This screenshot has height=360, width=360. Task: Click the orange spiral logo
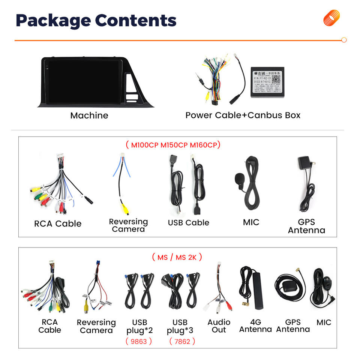(x=331, y=18)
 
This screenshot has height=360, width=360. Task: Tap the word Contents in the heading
(x=135, y=20)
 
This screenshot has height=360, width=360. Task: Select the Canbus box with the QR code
(x=267, y=83)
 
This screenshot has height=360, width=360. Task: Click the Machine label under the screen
(x=89, y=115)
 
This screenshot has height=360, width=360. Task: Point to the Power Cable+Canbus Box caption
(x=243, y=115)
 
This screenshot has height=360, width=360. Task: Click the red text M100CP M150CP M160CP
(x=173, y=145)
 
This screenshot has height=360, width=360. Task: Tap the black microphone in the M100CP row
(x=240, y=180)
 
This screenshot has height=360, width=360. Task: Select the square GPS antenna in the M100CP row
(x=303, y=164)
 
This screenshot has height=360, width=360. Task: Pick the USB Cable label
(x=188, y=222)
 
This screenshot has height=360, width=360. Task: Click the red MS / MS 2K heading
(x=177, y=257)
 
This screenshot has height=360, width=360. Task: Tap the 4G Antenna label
(x=255, y=326)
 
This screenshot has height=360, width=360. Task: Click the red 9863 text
(x=139, y=341)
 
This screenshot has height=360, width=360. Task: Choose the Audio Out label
(x=219, y=326)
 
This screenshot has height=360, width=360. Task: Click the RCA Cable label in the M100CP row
(x=58, y=223)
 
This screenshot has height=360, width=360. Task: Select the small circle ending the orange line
(x=344, y=40)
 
